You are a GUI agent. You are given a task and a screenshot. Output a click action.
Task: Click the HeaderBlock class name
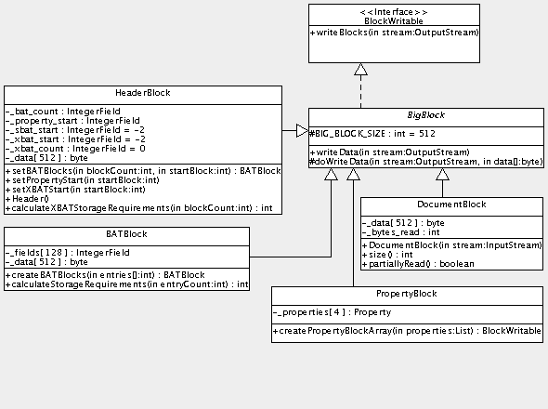[x=142, y=94]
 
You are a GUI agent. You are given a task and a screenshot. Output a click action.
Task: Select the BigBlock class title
[x=427, y=116]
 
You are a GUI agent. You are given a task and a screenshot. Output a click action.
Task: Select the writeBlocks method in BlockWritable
[x=395, y=33]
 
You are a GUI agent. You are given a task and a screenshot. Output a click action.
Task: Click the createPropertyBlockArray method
[x=407, y=332]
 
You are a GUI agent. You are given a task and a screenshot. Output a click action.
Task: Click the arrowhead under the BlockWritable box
[x=361, y=69]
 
